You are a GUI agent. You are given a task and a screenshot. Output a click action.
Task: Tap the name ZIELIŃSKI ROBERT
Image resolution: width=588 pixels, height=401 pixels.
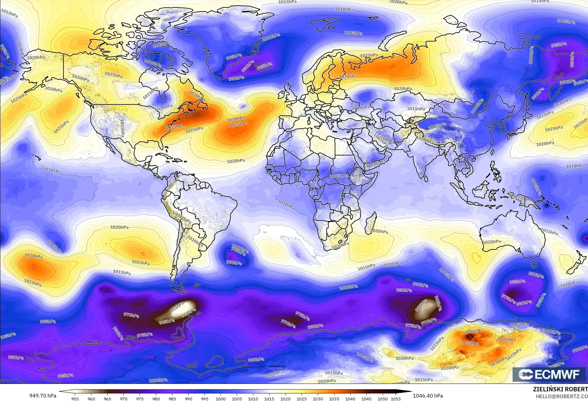[x=560, y=389]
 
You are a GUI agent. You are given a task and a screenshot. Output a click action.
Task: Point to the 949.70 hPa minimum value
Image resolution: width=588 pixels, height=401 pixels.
[x=43, y=396]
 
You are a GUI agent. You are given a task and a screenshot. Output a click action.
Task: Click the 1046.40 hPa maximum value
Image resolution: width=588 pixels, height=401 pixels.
[x=428, y=396]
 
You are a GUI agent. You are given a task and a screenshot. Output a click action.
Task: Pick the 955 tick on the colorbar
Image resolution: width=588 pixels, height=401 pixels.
[x=75, y=399]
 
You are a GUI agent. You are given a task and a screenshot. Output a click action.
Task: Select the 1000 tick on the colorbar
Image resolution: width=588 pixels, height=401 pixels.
[x=221, y=399]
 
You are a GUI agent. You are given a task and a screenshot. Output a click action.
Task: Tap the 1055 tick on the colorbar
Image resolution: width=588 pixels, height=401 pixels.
[x=396, y=399]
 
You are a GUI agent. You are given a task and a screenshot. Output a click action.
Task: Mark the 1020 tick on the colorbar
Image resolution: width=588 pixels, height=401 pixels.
[x=285, y=399]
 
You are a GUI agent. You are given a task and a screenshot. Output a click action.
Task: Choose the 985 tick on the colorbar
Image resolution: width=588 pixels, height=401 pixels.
[x=172, y=399]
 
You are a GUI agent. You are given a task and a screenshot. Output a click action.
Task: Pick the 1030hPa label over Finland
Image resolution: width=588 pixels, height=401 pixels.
[x=348, y=76]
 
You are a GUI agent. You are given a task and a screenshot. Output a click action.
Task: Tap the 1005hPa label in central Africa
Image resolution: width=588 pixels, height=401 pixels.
[x=339, y=176]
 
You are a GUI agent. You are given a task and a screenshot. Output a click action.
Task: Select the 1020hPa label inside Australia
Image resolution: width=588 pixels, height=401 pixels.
[x=492, y=242]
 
